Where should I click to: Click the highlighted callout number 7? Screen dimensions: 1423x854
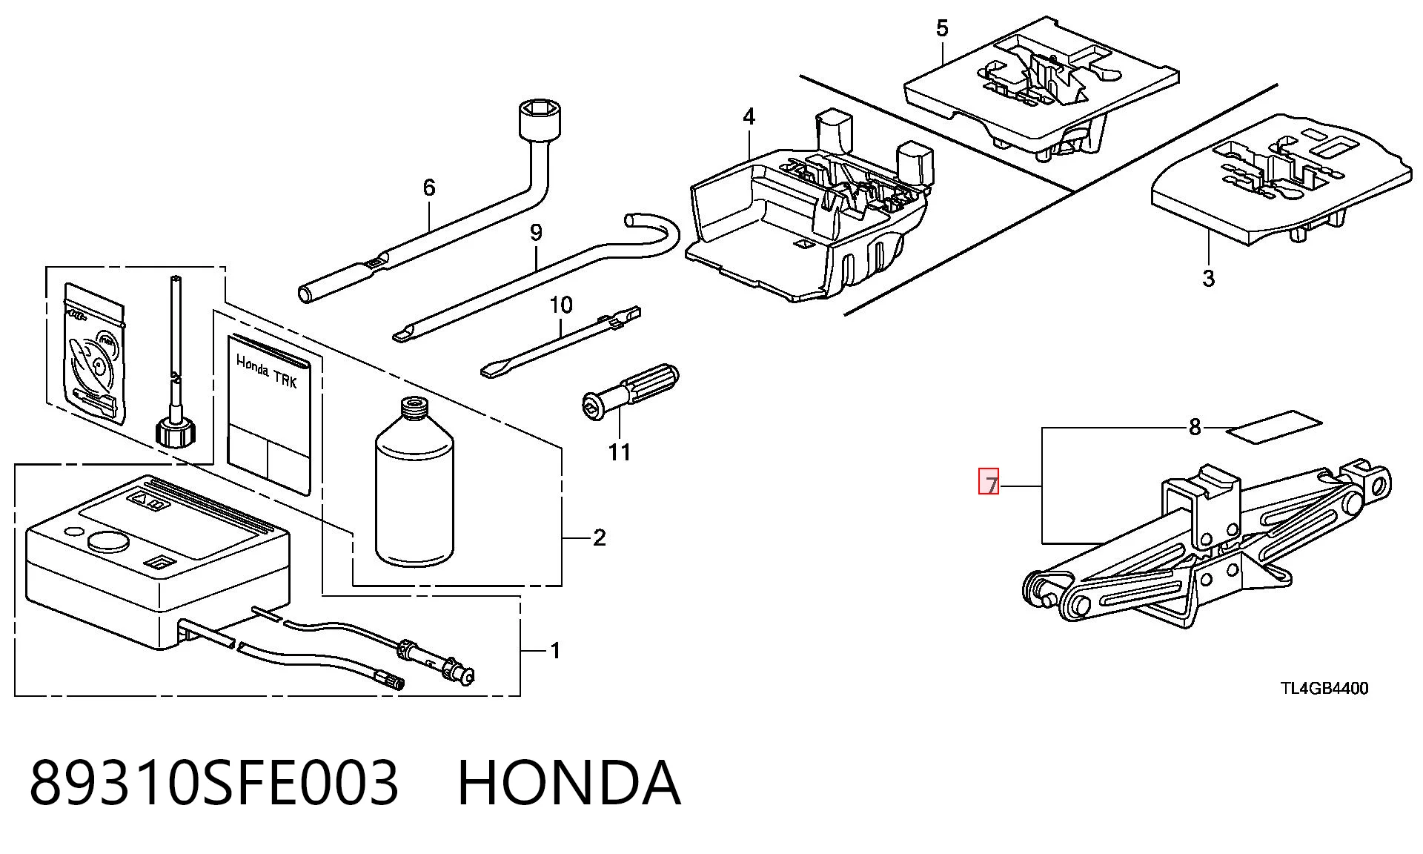click(990, 483)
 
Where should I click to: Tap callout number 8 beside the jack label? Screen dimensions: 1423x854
click(1194, 428)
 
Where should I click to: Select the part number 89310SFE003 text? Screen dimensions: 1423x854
click(214, 783)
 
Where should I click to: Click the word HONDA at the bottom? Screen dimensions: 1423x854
click(568, 783)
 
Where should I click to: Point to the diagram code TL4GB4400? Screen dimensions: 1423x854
click(1324, 689)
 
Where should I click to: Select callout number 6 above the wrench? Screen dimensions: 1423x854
click(429, 188)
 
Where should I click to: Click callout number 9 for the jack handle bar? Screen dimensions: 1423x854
click(536, 233)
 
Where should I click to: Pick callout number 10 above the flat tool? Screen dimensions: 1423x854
click(561, 305)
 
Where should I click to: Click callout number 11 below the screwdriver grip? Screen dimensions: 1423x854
click(620, 451)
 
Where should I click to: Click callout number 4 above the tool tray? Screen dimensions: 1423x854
click(749, 117)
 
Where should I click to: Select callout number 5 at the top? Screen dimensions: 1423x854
click(942, 29)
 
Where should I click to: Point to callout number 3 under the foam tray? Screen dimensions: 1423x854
click(1209, 279)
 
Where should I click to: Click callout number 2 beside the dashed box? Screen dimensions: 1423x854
click(600, 537)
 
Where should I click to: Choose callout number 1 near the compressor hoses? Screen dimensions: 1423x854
click(556, 651)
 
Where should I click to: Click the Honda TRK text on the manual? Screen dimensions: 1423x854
click(266, 371)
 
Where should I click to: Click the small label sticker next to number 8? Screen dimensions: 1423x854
click(1274, 427)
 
